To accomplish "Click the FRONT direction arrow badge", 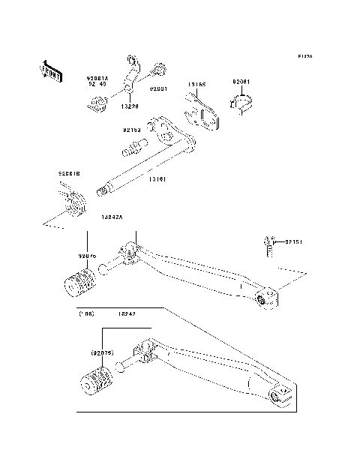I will [x=50, y=70].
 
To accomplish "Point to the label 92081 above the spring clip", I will [x=241, y=82].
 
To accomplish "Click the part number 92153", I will [x=133, y=130].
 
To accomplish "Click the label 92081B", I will [x=70, y=174].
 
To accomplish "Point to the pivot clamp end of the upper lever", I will [x=266, y=298].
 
